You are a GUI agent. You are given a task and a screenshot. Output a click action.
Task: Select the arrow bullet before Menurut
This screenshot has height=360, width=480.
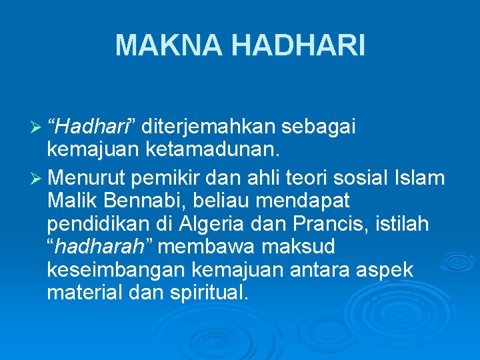[x=38, y=179]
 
